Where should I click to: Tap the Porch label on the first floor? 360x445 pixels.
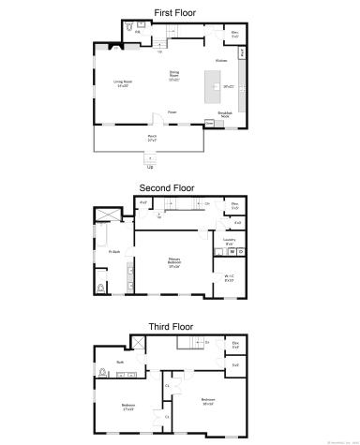coord(151,137)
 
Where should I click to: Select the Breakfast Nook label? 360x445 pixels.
coord(225,113)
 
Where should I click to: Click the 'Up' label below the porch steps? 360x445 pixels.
coord(151,167)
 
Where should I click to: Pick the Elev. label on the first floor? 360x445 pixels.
coord(234,33)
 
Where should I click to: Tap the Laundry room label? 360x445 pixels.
coord(229,241)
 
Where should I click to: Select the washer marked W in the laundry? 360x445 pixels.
coord(231,252)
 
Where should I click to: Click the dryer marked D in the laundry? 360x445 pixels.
coord(240,252)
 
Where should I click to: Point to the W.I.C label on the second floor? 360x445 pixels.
coord(229,276)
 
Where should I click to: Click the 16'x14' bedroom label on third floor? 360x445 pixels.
coord(207,401)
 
